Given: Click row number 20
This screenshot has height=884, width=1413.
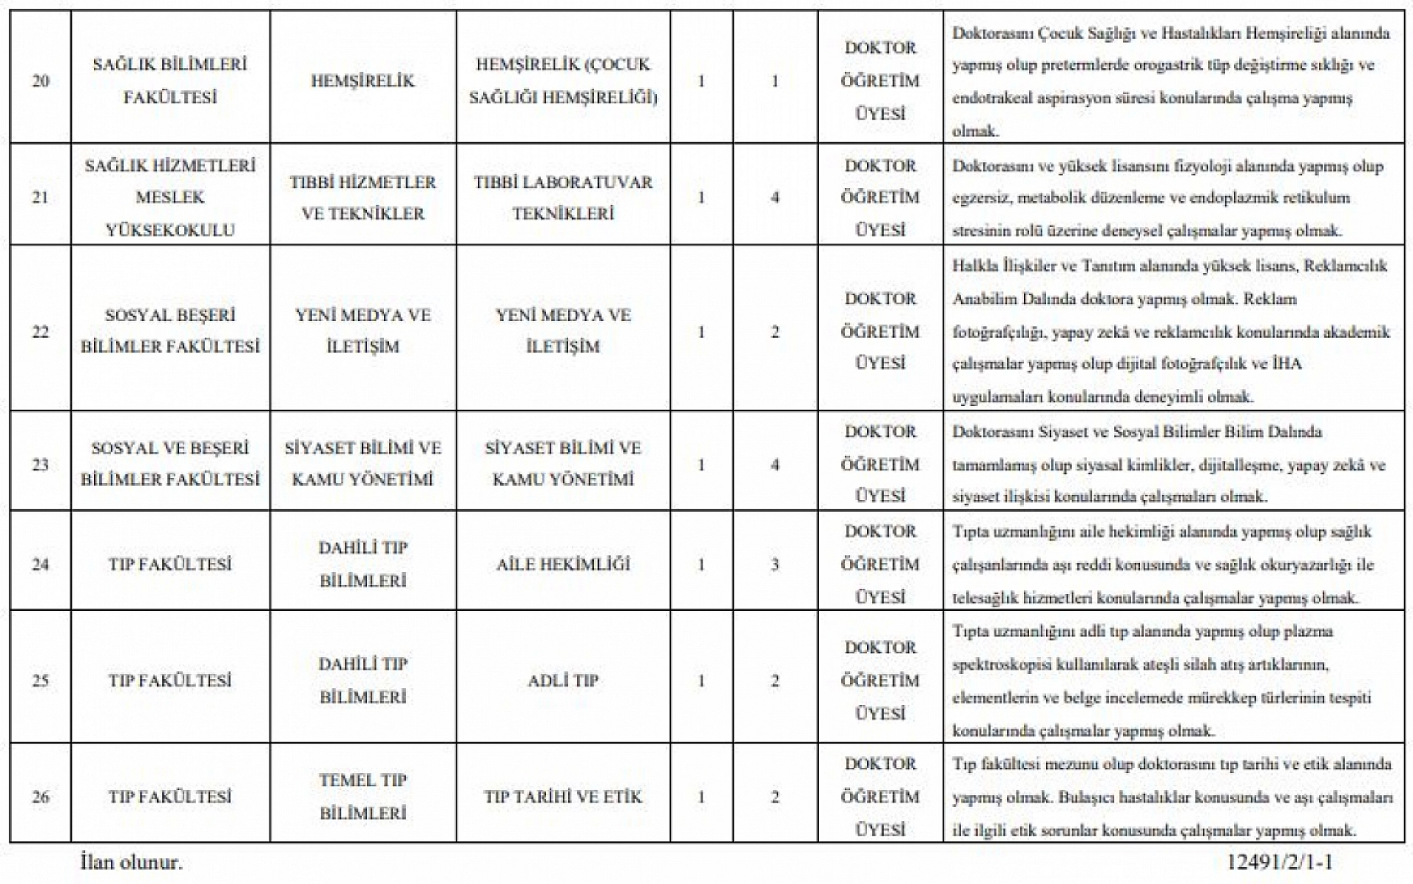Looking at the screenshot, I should click(40, 81).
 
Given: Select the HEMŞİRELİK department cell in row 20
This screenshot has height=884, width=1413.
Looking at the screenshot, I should click(363, 81).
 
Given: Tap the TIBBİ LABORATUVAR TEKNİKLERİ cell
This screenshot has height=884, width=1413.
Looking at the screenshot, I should click(563, 197).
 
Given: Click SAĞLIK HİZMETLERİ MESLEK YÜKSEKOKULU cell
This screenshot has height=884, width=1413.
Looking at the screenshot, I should click(170, 197).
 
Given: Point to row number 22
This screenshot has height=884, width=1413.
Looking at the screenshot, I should click(40, 332).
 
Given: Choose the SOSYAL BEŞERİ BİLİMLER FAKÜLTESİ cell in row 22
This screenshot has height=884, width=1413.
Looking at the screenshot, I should click(170, 331).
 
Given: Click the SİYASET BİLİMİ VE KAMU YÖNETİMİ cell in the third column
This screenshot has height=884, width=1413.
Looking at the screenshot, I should click(563, 464).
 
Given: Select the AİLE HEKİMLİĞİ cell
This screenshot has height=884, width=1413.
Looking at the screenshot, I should click(563, 564).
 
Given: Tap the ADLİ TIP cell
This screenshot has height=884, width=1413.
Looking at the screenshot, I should click(563, 681).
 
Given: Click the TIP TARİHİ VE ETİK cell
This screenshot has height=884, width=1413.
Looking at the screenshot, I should click(563, 797).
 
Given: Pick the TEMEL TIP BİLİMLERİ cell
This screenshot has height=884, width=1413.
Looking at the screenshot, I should click(363, 797).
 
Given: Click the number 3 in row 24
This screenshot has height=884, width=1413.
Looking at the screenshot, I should click(775, 565).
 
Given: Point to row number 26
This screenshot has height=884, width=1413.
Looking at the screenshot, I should click(40, 797).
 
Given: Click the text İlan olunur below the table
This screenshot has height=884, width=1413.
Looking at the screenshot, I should click(130, 862).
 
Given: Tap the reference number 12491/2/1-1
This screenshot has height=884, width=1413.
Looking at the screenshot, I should click(1279, 862).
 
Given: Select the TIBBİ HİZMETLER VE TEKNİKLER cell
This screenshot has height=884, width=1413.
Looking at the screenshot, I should click(363, 197).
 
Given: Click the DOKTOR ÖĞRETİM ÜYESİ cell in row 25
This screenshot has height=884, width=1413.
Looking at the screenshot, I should click(880, 681).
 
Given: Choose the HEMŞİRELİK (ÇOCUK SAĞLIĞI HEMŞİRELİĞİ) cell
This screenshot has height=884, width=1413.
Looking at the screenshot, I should click(563, 81).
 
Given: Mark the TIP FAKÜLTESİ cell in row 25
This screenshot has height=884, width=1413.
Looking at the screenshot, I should click(170, 681).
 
